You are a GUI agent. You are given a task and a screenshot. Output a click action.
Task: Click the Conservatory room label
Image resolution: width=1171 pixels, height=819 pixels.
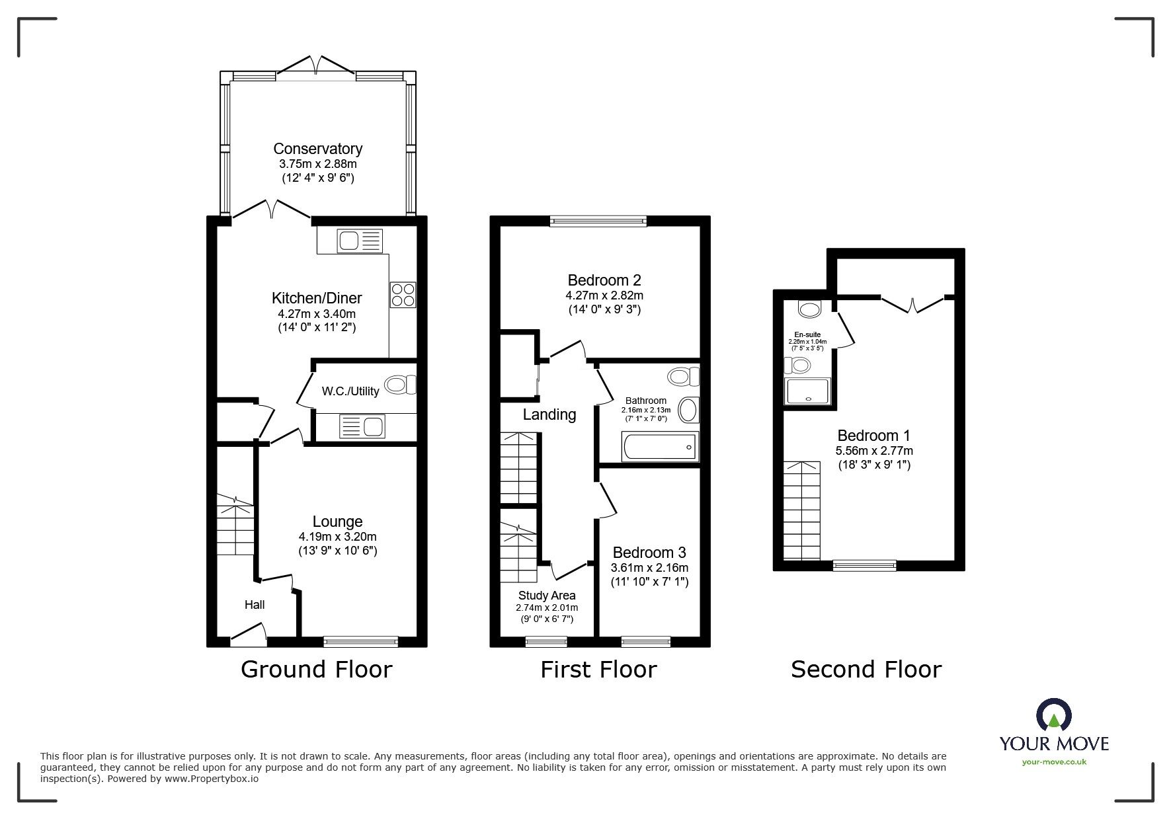(317, 149)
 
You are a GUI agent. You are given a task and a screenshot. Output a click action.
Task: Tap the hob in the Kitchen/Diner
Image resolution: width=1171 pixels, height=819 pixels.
(403, 295)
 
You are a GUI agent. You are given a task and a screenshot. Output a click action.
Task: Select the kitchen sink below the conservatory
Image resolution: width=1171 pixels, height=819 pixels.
(360, 241)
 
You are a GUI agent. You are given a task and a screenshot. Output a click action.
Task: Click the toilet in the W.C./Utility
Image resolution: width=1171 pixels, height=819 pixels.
(401, 385)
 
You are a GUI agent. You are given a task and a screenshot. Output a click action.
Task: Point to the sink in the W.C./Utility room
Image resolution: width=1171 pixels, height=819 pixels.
(362, 427)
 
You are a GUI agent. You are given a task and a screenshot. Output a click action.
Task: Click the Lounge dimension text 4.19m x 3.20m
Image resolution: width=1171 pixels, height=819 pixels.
(337, 537)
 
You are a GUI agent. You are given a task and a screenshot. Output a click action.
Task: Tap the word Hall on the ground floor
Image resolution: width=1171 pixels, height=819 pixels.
(255, 604)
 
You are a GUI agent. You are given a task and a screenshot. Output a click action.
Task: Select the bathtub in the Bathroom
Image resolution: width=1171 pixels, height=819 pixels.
(660, 448)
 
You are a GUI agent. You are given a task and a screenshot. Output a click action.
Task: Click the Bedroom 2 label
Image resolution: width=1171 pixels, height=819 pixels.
(604, 280)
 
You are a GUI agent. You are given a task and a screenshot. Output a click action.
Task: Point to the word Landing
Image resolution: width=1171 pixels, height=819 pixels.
(549, 414)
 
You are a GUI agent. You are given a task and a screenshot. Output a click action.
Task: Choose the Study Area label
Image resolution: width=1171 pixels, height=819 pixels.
(547, 596)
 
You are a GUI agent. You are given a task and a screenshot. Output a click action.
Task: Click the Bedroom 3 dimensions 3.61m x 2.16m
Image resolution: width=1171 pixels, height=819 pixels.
(649, 568)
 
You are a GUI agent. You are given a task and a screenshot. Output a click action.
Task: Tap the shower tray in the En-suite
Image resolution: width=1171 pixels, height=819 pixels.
(807, 391)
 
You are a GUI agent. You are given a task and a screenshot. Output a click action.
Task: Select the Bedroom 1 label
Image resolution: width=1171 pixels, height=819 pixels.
(873, 436)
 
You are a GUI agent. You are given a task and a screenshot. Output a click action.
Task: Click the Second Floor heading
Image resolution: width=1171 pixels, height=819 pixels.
(866, 670)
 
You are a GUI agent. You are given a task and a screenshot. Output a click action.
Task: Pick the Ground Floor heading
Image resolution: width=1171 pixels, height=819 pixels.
(317, 670)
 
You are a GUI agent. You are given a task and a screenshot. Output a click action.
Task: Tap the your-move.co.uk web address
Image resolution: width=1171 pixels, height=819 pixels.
(1054, 762)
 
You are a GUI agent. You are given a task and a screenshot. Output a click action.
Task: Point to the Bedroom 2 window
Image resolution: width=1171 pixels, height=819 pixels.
(598, 221)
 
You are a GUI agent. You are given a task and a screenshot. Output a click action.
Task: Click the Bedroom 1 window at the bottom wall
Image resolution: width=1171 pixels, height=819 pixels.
(864, 565)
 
